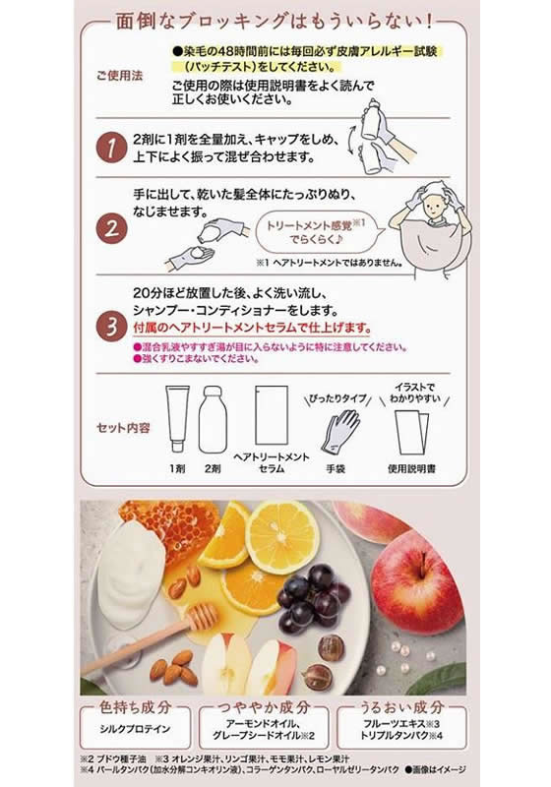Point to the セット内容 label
pyautogui.click(x=124, y=428)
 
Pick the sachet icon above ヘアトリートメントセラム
pyautogui.click(x=271, y=413)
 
